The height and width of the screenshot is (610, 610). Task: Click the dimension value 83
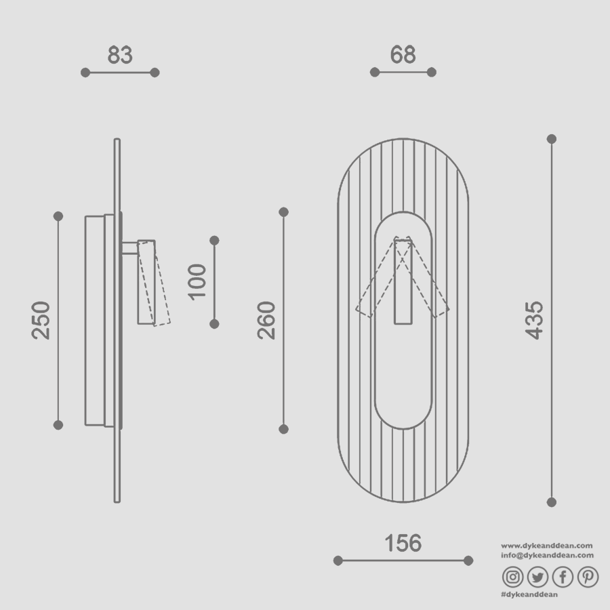120,55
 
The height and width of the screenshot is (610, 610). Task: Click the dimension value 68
403,55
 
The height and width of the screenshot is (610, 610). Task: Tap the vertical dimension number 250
41,320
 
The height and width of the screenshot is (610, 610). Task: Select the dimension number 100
197,282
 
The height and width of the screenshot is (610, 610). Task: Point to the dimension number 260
266,320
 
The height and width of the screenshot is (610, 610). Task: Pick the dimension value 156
403,543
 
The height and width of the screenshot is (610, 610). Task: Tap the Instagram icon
513,577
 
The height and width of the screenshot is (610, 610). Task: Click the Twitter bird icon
537,577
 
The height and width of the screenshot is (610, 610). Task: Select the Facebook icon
563,577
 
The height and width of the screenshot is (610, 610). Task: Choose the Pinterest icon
588,577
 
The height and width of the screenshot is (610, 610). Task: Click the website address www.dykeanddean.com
547,546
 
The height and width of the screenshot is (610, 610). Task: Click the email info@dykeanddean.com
547,555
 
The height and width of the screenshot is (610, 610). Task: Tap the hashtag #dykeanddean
529,594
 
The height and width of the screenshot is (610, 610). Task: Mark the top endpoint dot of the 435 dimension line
552,139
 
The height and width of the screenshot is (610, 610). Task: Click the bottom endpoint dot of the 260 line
283,429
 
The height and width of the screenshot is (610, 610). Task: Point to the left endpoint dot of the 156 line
338,561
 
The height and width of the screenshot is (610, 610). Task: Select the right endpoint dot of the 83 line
155,73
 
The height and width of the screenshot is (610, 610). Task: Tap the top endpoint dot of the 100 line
214,241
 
